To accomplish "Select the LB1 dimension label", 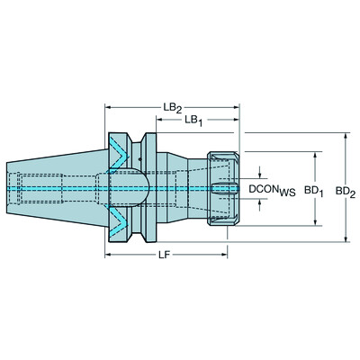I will (192, 120).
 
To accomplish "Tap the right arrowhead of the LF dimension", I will (236, 255).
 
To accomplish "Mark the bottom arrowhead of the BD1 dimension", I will (316, 225).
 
